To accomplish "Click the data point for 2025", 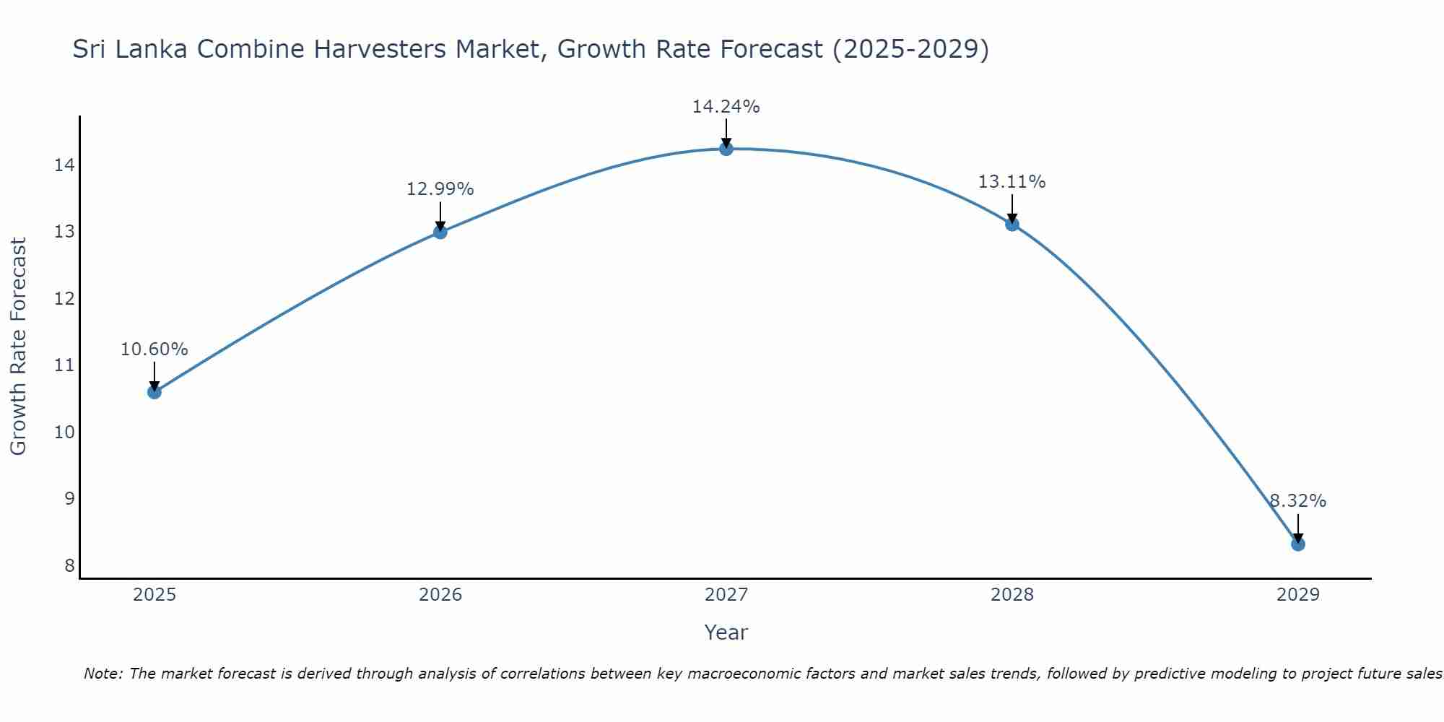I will (x=154, y=392).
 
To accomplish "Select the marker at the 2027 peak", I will (x=726, y=149).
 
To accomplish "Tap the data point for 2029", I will (x=1297, y=544).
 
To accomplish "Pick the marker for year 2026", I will (x=440, y=232).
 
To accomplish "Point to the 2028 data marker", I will (x=1012, y=224).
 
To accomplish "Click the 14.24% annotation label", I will (x=726, y=107).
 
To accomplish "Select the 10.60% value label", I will (x=154, y=349).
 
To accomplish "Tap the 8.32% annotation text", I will (x=1297, y=501).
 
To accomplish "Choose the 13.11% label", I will (x=1012, y=182).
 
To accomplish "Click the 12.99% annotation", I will (x=440, y=189).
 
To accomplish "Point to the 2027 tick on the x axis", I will (x=726, y=595).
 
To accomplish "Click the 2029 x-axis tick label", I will (x=1297, y=595).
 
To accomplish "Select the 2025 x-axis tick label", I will (x=155, y=595).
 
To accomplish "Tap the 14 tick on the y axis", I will (x=64, y=165).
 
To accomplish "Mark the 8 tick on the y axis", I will (x=69, y=565).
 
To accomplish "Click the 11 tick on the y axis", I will (x=64, y=365).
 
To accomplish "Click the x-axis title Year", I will (x=726, y=632).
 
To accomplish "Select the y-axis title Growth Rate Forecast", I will (x=19, y=346).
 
